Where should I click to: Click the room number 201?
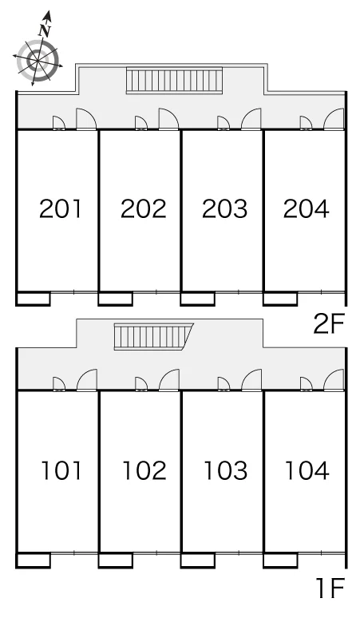(60, 208)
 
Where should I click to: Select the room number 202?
(144, 208)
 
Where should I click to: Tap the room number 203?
(225, 208)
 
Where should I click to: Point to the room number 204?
(306, 208)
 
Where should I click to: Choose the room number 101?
(61, 470)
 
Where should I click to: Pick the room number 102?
(144, 470)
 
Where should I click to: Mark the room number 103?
(226, 470)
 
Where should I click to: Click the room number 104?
(307, 470)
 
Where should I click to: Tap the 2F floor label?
(329, 324)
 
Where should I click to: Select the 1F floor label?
(330, 587)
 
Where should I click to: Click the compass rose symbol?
(38, 59)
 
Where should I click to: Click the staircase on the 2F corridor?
(174, 81)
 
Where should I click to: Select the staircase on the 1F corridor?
(153, 336)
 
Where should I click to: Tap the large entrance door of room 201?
(86, 119)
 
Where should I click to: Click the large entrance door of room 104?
(334, 380)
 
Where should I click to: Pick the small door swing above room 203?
(224, 123)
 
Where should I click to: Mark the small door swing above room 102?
(141, 384)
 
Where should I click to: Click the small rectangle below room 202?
(116, 299)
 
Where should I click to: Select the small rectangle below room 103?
(198, 560)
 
